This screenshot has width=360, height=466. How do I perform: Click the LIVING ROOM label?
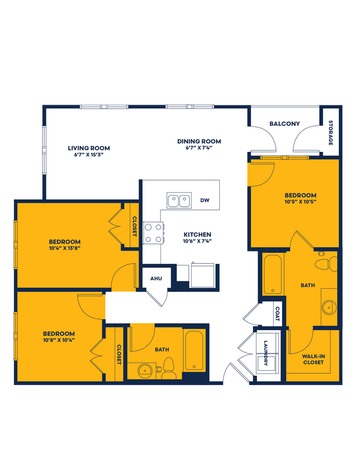[89, 148]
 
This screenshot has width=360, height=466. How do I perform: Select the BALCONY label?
[284, 124]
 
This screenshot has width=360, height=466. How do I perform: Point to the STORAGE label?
[331, 133]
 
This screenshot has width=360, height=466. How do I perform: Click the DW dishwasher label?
[204, 200]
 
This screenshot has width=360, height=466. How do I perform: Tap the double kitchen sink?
[179, 200]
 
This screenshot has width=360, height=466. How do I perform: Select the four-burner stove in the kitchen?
[153, 233]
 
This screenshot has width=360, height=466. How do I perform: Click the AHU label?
[156, 278]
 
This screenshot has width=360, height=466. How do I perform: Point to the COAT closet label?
[277, 315]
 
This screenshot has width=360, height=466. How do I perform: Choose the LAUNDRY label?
[266, 353]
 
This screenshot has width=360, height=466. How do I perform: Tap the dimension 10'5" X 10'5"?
[301, 202]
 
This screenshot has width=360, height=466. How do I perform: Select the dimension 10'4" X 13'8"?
[65, 249]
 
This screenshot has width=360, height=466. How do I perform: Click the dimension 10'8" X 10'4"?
[59, 340]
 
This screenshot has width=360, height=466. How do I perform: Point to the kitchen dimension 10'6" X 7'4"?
[198, 241]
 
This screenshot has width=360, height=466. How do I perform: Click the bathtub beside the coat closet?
[272, 274]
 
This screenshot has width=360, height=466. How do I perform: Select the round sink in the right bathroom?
[329, 306]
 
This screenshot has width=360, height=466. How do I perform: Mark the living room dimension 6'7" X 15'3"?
[89, 155]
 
